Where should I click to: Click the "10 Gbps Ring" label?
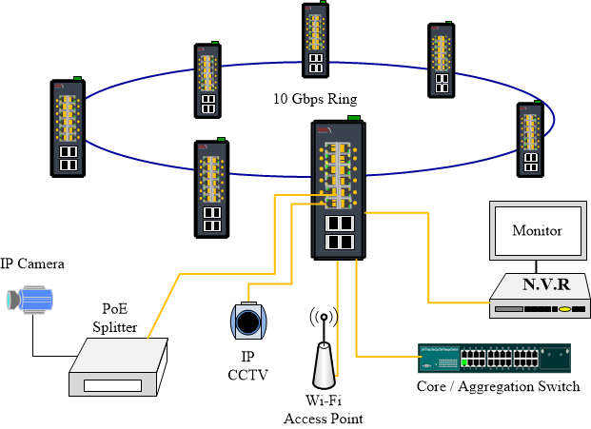(315, 99)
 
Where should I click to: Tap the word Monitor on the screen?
(537, 230)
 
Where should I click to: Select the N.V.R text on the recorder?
(545, 284)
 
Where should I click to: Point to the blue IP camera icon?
(30, 300)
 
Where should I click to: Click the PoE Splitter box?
(118, 367)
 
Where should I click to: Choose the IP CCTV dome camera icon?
(248, 322)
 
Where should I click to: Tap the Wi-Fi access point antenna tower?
(324, 350)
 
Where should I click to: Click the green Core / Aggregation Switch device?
(494, 359)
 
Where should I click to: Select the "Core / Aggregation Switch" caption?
(498, 387)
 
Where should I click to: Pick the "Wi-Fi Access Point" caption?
(324, 409)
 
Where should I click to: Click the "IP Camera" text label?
(32, 263)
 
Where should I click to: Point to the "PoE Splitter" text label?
(114, 318)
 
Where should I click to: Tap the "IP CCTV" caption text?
(247, 365)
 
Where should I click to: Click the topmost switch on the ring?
(315, 40)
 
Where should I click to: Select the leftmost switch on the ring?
(68, 127)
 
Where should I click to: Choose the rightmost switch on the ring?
(530, 139)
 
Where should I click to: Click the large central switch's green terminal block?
(354, 118)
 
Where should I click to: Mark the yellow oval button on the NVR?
(564, 309)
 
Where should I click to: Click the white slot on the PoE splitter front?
(112, 385)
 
